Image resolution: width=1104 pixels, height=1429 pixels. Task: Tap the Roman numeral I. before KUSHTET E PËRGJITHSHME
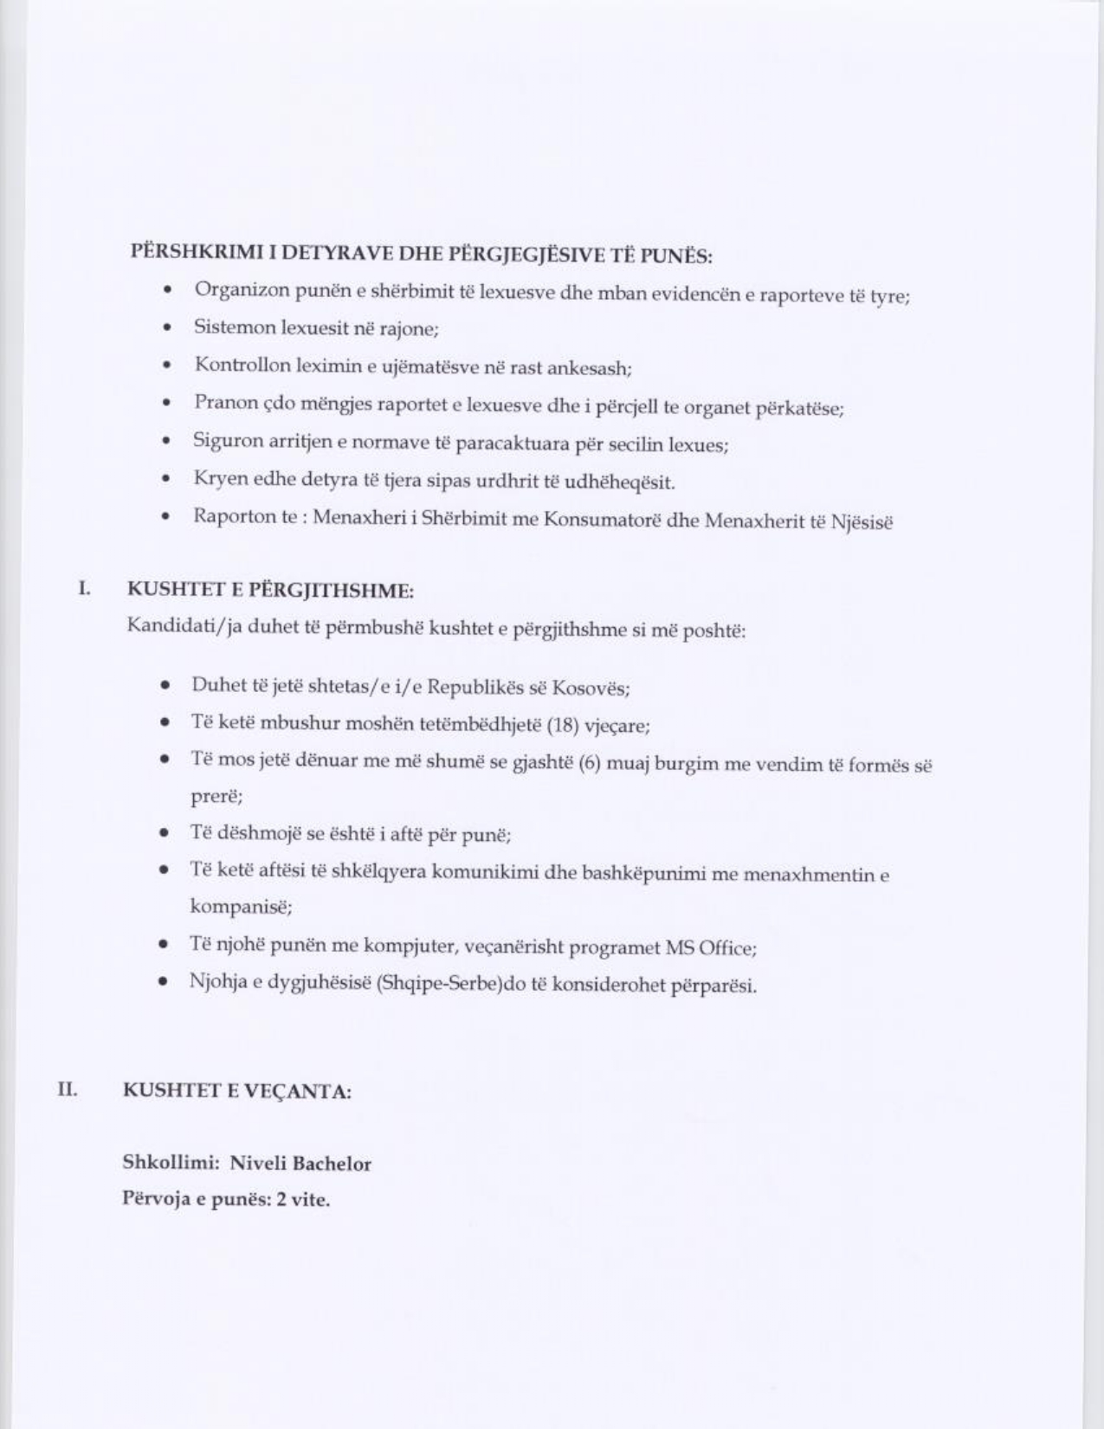pyautogui.click(x=84, y=589)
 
